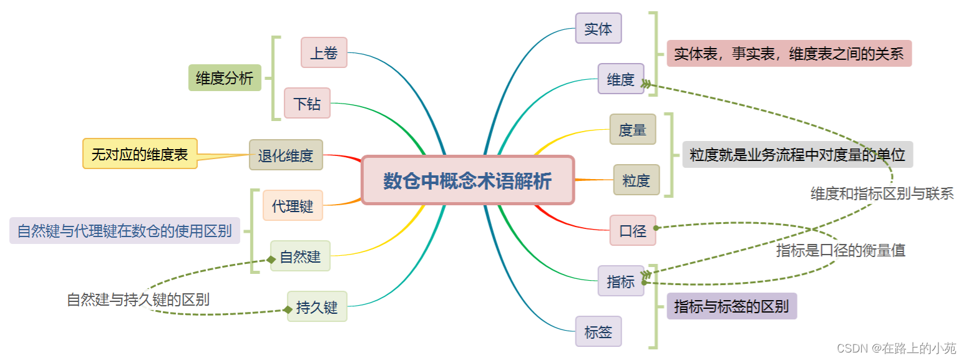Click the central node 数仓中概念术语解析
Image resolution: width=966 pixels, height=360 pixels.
click(467, 180)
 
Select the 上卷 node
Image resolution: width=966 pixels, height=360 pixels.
click(324, 52)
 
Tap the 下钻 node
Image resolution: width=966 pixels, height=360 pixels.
click(307, 103)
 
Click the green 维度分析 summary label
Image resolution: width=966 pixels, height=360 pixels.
click(225, 78)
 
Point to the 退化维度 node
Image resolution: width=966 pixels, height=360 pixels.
click(286, 155)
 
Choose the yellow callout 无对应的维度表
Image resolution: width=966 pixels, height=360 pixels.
click(140, 153)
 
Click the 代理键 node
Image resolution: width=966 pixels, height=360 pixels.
click(293, 205)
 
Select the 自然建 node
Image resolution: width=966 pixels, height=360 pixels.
click(300, 256)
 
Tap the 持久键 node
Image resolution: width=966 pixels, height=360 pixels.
click(317, 306)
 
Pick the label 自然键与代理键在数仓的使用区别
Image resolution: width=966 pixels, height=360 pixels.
click(125, 231)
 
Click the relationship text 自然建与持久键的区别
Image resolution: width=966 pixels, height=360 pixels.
click(138, 299)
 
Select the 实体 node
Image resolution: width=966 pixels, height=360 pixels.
click(598, 28)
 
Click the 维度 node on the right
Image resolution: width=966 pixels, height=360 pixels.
click(621, 79)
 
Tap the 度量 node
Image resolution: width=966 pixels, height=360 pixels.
click(633, 129)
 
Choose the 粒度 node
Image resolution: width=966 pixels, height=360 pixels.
click(637, 180)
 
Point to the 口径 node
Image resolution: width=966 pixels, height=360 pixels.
click(633, 230)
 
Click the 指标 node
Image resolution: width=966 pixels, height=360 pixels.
click(621, 281)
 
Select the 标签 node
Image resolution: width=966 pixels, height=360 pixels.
click(598, 331)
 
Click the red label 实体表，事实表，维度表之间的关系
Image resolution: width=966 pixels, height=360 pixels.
click(789, 53)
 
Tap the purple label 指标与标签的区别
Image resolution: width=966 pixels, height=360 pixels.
click(731, 306)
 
